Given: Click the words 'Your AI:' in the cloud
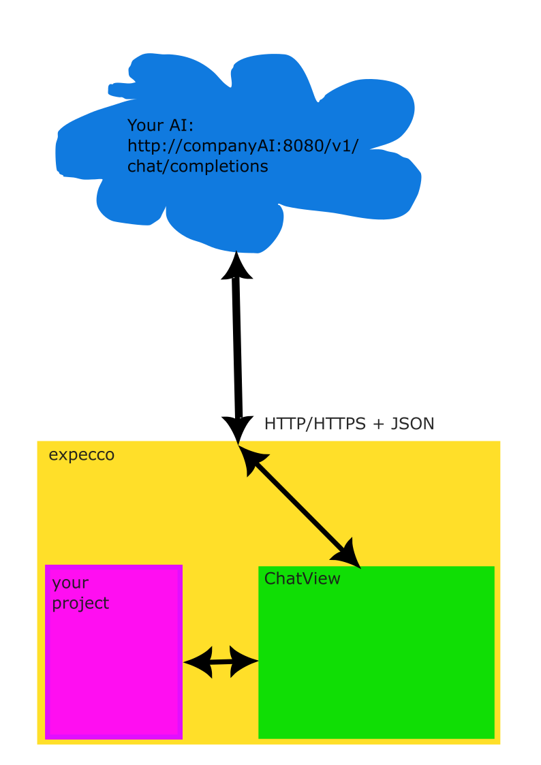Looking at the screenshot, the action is point(161,125).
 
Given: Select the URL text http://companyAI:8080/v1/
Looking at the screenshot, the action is point(243,146).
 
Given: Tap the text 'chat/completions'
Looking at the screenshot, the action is point(198,166).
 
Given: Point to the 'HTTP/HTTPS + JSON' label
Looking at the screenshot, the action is point(350,424).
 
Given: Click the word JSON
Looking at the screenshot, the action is point(413,424).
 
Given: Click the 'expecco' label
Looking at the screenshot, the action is point(82,454).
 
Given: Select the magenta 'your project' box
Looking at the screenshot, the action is point(114,652).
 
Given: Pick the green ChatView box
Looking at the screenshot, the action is point(376,653).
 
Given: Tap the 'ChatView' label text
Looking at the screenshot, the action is point(302,578).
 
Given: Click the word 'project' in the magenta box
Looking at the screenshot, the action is point(80,604).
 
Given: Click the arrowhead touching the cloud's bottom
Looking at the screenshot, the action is point(236,266).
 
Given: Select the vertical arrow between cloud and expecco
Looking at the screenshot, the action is point(238,347).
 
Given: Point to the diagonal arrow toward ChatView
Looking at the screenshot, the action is point(300,506).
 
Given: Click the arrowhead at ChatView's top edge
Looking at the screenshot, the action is point(347,555).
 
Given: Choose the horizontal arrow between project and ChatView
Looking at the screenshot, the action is point(221,662).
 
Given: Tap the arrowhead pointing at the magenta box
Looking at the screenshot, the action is point(198,662).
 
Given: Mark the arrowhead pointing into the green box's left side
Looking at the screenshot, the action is point(244,662).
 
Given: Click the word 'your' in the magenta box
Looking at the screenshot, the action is point(70,583).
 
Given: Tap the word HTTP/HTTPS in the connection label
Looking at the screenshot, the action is point(315,424).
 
